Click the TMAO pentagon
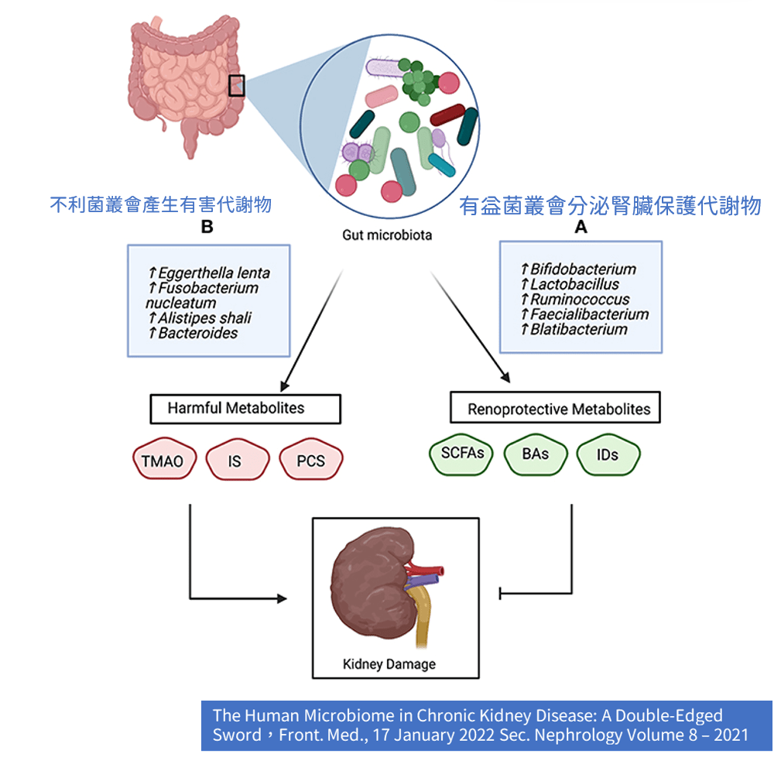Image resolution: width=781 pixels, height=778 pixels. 163,461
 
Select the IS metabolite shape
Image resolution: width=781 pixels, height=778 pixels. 235,461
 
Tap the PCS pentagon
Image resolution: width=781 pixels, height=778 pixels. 310,461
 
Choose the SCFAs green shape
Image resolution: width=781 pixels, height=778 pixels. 462,454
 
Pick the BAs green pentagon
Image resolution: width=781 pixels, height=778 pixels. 535,454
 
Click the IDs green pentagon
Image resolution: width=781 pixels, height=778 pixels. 608,454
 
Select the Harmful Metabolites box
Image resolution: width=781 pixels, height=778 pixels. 244,408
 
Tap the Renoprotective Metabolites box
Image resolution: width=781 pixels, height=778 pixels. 555,408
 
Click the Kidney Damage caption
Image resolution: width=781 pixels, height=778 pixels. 389,663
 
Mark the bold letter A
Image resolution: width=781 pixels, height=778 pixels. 581,227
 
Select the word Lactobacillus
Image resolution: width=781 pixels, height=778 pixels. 574,284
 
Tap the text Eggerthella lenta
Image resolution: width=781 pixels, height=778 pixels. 214,273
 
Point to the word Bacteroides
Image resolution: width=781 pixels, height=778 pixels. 197,333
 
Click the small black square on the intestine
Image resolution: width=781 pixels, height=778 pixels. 237,85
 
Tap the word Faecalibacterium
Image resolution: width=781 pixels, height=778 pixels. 589,314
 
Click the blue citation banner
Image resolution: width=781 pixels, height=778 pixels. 486,725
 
